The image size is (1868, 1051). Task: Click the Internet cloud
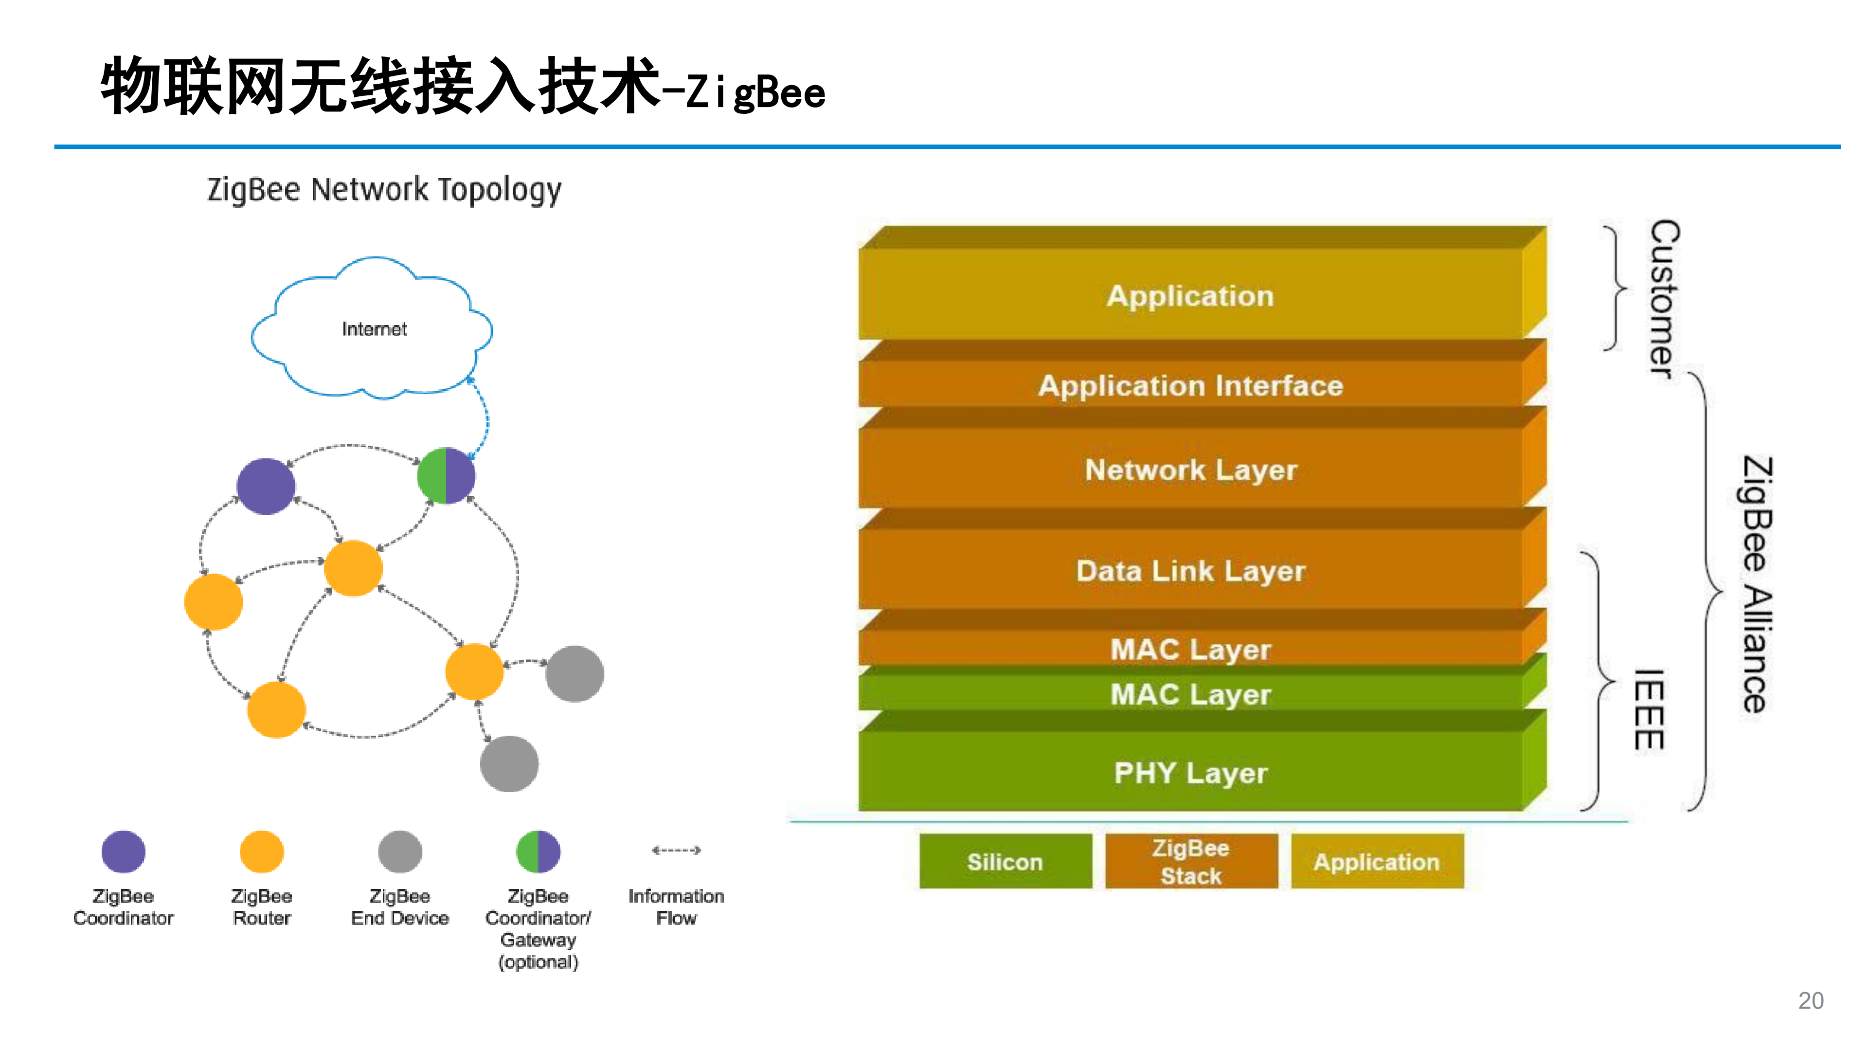[372, 328]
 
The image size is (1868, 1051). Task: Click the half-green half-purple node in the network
[446, 476]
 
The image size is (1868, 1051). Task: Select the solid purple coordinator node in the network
[266, 486]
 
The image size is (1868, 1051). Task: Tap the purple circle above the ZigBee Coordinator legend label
[123, 852]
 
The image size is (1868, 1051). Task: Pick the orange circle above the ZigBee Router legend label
[262, 852]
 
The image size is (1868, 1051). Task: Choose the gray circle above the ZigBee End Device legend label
[399, 852]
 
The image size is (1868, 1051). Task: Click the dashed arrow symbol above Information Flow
[676, 850]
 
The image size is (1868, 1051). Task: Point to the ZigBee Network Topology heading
[384, 190]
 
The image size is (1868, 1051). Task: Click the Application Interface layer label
[1191, 386]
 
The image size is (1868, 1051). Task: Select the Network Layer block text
[1191, 471]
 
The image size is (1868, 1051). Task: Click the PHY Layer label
[1191, 773]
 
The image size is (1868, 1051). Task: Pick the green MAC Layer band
[1191, 693]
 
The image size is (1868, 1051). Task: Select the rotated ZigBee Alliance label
[1757, 584]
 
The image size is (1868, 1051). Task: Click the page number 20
[1811, 1001]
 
